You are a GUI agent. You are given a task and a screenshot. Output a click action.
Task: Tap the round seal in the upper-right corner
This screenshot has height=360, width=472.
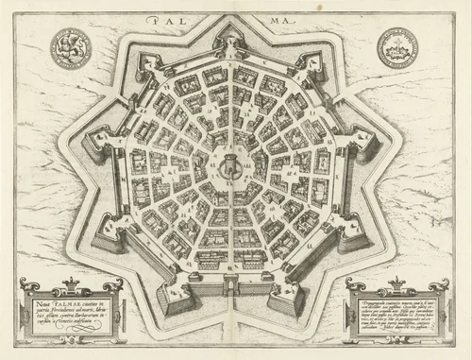coord(397,44)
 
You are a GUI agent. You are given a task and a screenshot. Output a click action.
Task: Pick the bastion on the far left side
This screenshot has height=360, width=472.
coord(94,145)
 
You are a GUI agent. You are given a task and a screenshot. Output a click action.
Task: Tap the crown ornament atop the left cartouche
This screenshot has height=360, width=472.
coord(71,281)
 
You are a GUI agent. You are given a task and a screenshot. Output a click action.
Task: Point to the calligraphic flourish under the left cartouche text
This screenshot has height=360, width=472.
coord(74,332)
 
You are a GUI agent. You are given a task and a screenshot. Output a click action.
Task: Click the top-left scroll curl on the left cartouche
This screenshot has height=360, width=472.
coord(25,284)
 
